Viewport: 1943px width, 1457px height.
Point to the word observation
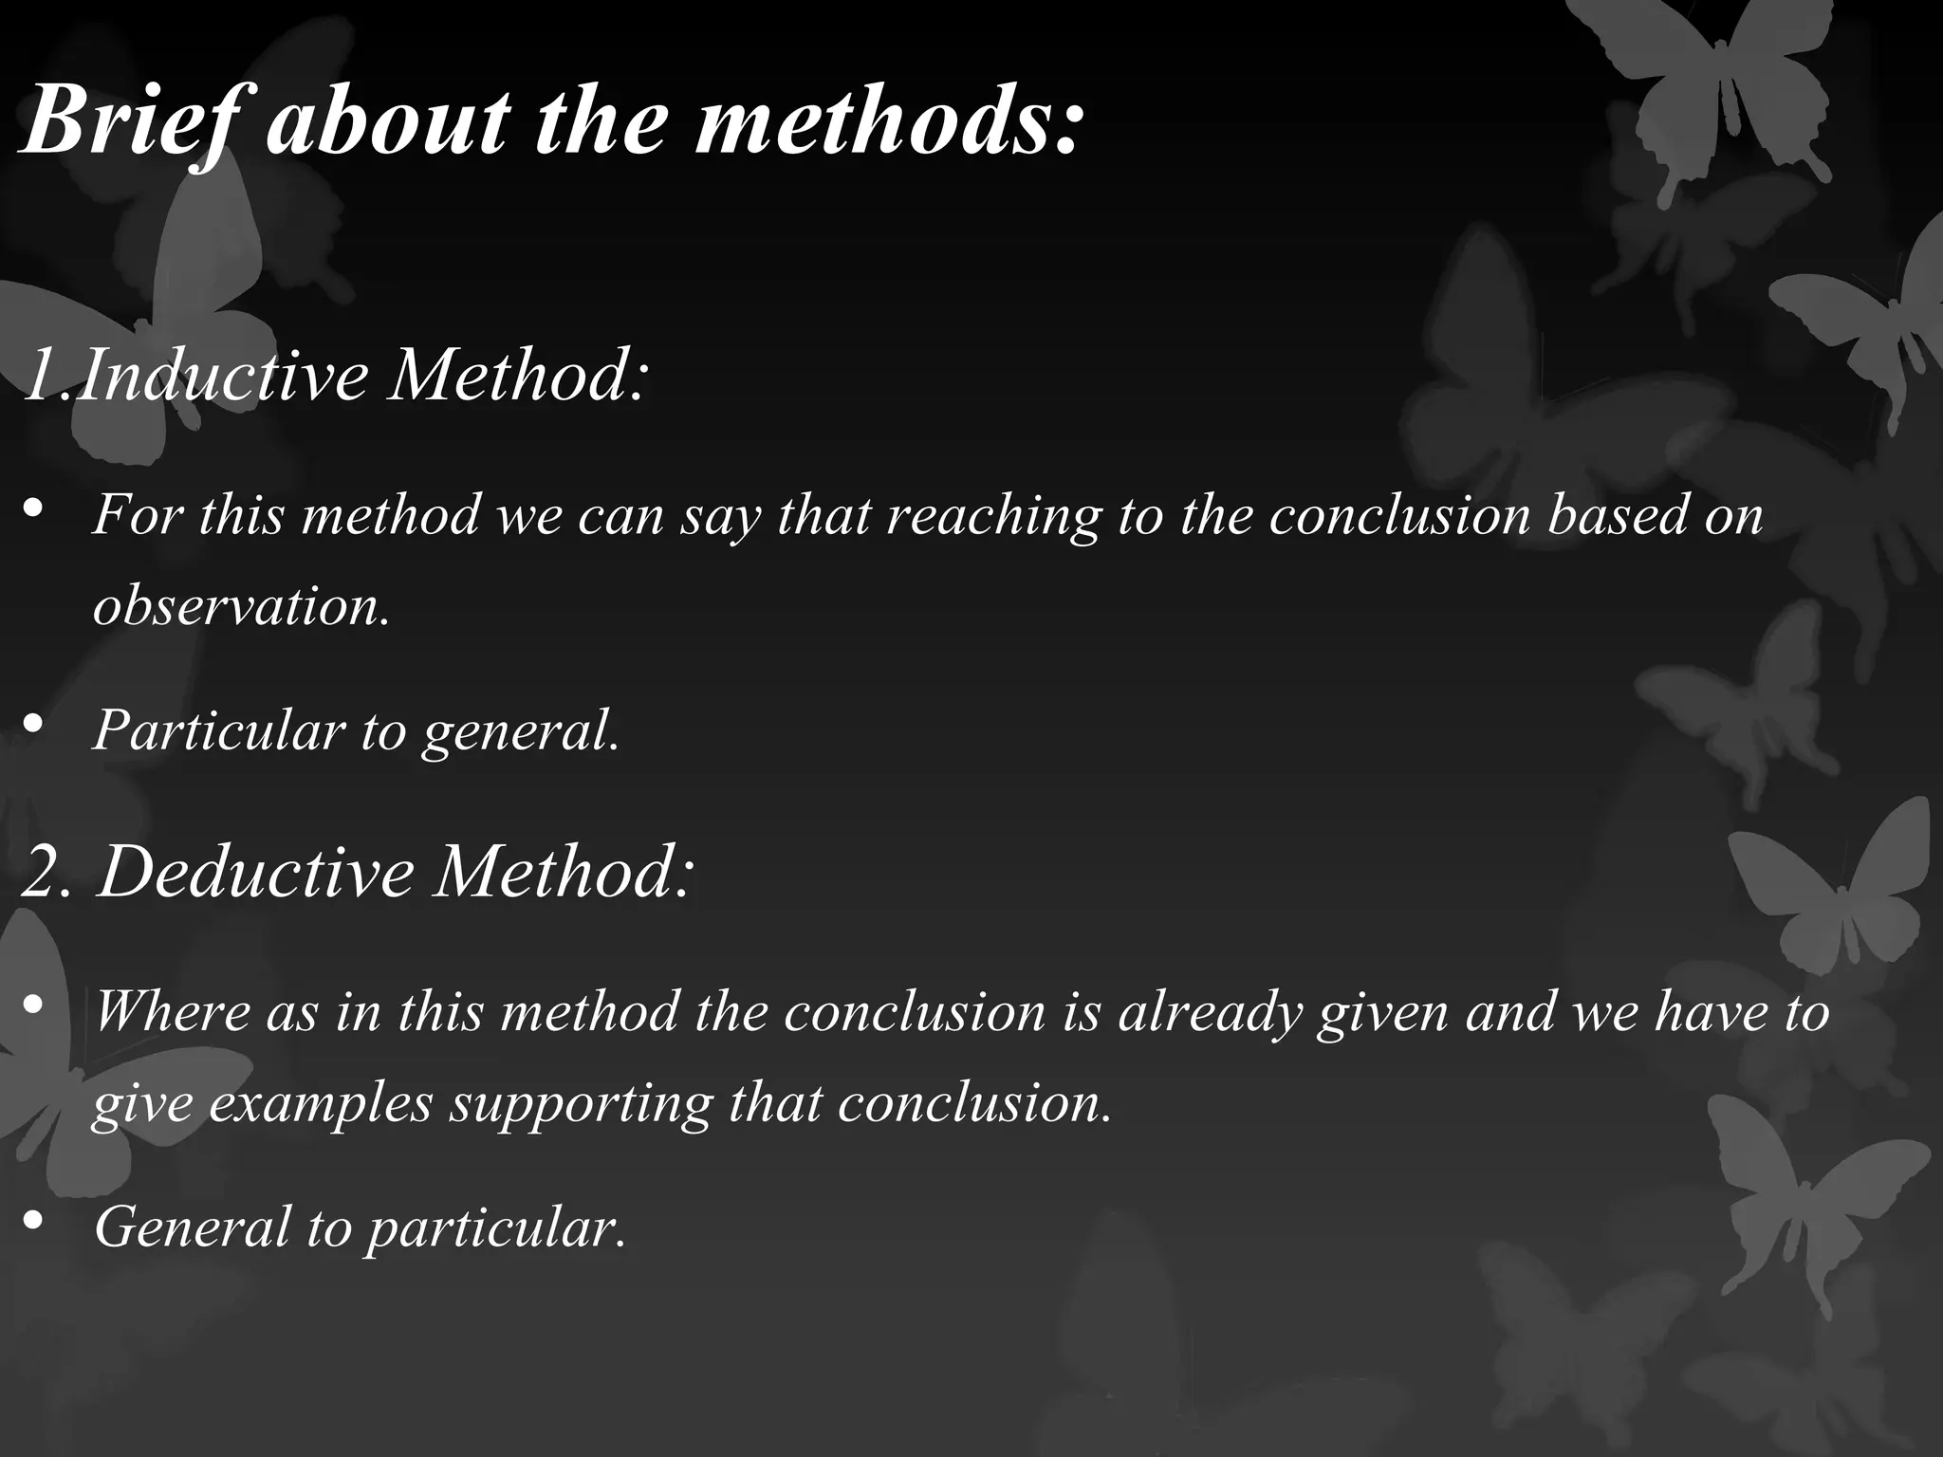(241, 604)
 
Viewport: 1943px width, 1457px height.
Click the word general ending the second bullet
(521, 730)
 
